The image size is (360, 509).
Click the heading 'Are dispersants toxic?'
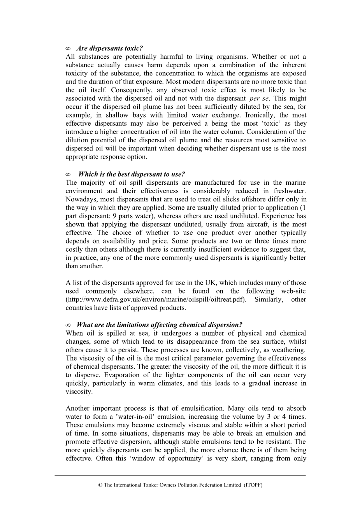tap(110, 49)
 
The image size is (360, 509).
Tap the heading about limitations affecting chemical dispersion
tap(160, 325)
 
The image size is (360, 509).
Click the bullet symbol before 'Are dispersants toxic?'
tap(68, 49)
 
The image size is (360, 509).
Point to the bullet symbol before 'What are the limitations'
tap(68, 325)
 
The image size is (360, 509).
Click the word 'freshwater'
tap(290, 191)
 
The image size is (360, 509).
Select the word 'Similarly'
tap(269, 299)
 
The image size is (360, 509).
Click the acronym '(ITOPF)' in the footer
tap(253, 485)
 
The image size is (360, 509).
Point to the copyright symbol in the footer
tap(100, 485)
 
